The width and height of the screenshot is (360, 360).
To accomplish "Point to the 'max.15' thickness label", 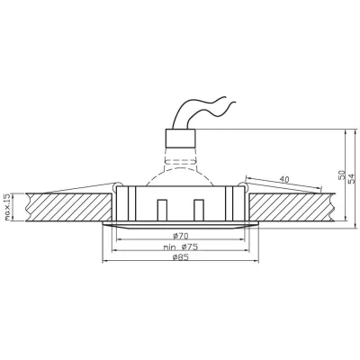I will point(7,206).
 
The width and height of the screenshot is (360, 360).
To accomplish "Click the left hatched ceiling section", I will point(63,206).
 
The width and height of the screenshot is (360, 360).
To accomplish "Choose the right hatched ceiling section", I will point(297,206).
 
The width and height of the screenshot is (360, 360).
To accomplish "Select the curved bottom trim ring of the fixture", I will point(180,227).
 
